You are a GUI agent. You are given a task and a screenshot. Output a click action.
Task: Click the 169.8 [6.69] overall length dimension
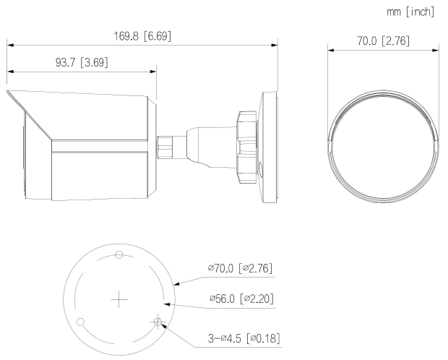point(142,35)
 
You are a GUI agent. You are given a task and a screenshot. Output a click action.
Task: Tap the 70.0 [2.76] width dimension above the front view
point(383,41)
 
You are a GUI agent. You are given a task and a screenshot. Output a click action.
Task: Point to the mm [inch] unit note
point(410,12)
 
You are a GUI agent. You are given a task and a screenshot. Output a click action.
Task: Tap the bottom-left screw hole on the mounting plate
point(81,321)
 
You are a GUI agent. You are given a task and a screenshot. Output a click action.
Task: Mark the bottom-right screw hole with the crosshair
point(158,321)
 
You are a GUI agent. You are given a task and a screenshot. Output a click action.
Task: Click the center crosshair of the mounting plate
point(119,299)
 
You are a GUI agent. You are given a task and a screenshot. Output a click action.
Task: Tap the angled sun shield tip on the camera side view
point(10,93)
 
